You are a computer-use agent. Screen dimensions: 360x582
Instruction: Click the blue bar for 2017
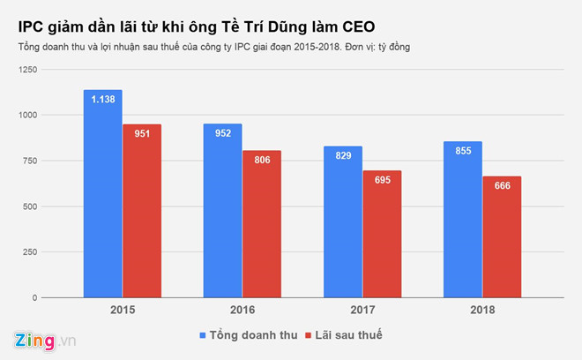click(x=343, y=225)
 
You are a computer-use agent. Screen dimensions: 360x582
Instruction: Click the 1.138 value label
click(x=103, y=99)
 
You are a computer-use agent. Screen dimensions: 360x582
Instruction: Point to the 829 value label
click(x=343, y=155)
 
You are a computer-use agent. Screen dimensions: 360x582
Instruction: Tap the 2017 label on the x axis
click(x=362, y=310)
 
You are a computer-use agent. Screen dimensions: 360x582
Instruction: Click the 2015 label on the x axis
click(x=123, y=310)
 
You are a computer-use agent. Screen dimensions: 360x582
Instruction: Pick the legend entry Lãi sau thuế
click(x=345, y=335)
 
